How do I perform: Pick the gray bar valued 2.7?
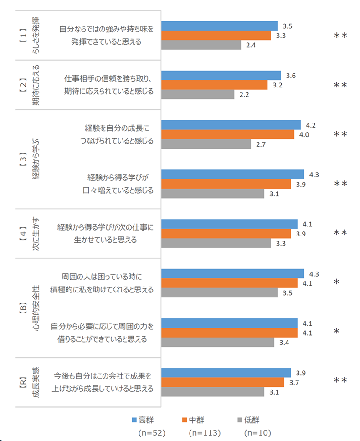coord(206,144)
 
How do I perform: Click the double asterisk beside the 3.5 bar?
coord(340,36)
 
